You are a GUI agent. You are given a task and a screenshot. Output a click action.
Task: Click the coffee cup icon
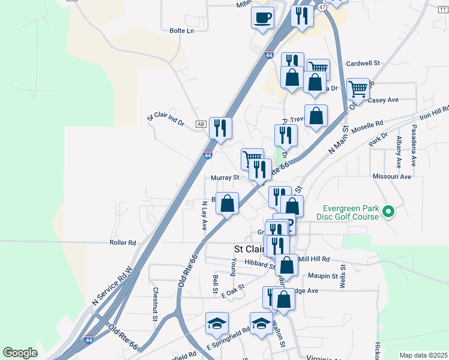[262, 17]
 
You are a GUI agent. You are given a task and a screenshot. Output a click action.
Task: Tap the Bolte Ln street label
[182, 30]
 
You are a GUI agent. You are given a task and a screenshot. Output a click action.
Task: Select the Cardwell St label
[364, 62]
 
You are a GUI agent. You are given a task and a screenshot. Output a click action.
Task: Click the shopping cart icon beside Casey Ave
[358, 89]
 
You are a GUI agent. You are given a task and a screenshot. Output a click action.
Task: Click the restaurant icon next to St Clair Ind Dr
[220, 128]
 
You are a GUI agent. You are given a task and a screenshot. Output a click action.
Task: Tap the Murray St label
[225, 178]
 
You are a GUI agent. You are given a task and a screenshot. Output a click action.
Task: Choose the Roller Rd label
[123, 243]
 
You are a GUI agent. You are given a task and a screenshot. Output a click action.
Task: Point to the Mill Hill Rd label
[314, 259]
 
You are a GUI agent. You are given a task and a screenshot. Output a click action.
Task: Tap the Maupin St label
[324, 276]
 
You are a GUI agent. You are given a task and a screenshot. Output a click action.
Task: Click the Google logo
[20, 353]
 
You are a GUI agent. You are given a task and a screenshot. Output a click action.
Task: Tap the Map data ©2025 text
[423, 355]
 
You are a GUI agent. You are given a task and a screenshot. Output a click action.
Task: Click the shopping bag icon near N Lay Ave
[228, 203]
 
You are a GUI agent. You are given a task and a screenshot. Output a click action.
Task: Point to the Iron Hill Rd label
[434, 112]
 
